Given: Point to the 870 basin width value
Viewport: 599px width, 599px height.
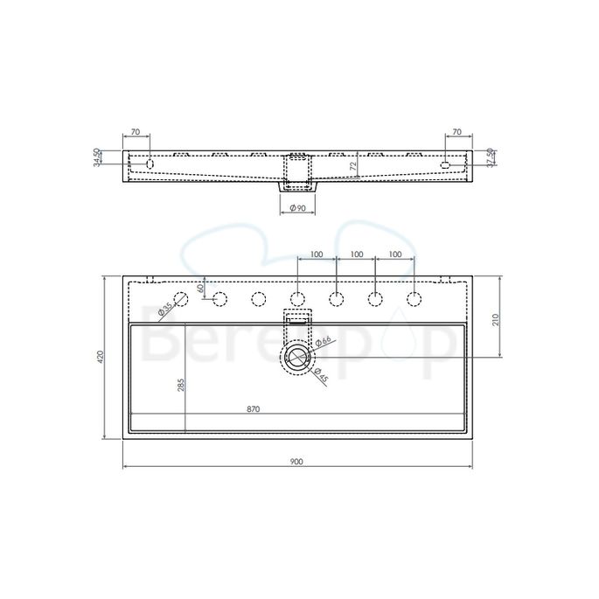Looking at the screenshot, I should pos(253,408).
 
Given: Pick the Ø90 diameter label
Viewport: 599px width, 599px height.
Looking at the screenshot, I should pos(298,208).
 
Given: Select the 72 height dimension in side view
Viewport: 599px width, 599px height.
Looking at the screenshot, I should pos(352,164).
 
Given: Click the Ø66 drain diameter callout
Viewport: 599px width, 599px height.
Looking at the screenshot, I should pos(323,342).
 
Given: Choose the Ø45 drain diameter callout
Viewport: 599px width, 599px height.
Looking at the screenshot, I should pos(320,376).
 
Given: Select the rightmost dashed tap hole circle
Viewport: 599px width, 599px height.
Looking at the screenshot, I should pos(414,300).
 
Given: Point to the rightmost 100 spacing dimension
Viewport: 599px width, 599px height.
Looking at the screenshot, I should pos(394,254).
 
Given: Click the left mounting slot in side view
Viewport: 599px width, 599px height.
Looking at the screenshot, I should pos(150,164).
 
